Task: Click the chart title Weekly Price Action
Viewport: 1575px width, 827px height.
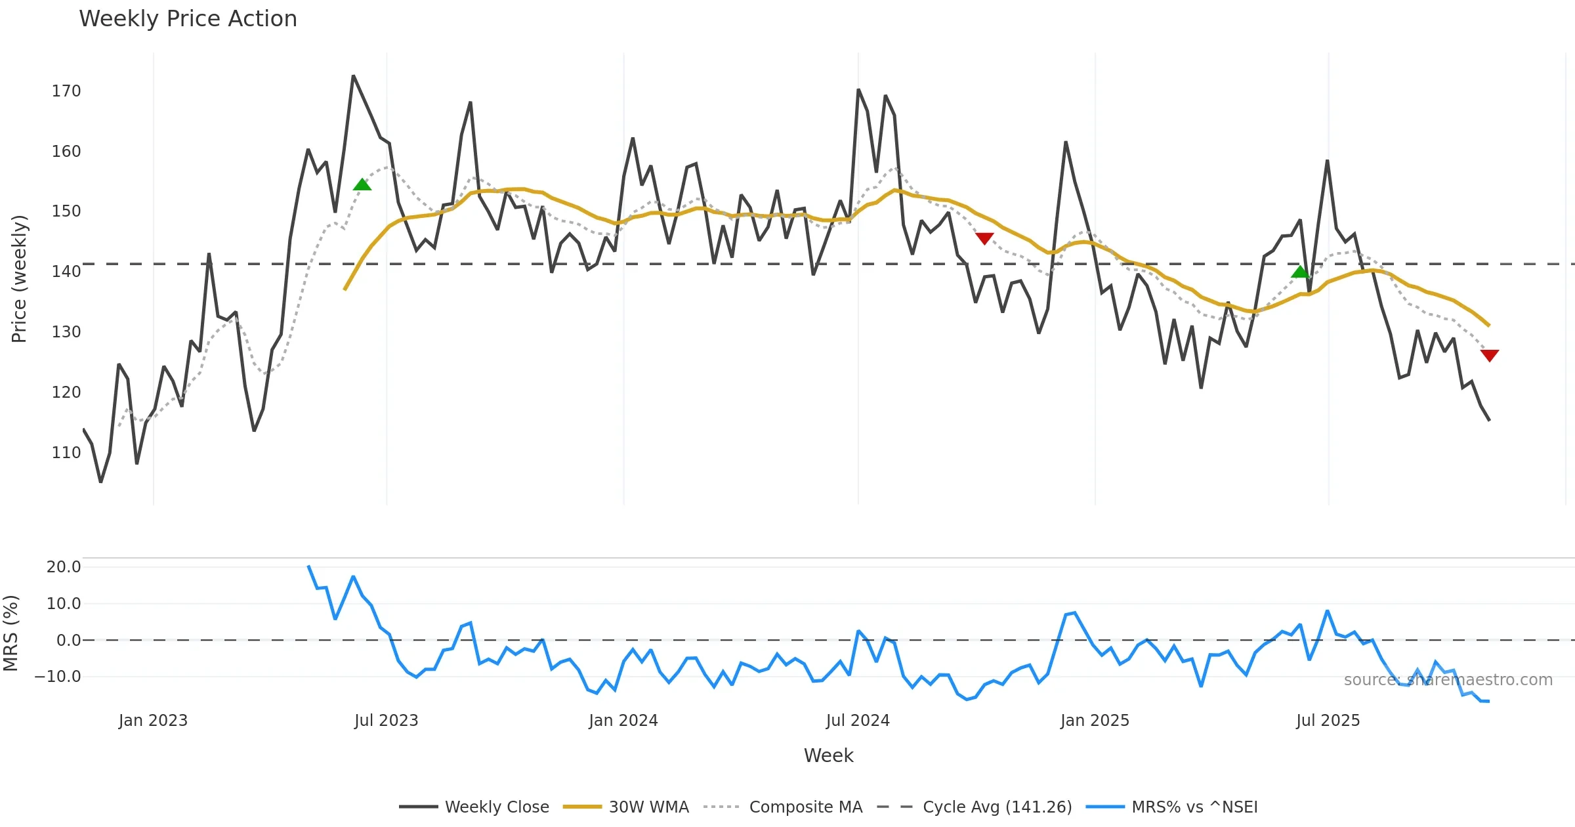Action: point(188,19)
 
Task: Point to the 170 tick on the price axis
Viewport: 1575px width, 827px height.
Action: point(66,91)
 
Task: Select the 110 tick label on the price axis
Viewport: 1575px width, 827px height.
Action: point(66,452)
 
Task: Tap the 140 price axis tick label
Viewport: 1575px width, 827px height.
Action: point(66,271)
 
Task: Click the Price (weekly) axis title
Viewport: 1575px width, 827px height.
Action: point(19,279)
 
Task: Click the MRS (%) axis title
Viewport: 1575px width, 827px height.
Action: point(10,633)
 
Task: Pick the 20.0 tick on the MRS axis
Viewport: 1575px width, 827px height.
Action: point(64,566)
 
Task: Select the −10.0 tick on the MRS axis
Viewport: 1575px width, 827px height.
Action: point(58,676)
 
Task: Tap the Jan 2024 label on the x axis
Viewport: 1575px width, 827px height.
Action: point(623,720)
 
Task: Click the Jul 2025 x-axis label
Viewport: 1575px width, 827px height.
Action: point(1328,720)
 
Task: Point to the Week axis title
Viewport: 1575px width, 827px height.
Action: point(828,755)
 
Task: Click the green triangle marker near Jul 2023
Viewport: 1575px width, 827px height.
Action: point(362,184)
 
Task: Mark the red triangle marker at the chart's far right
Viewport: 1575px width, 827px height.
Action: point(1490,355)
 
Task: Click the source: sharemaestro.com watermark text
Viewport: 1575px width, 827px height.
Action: point(1448,679)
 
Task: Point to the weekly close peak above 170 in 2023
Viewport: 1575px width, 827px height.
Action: point(353,76)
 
